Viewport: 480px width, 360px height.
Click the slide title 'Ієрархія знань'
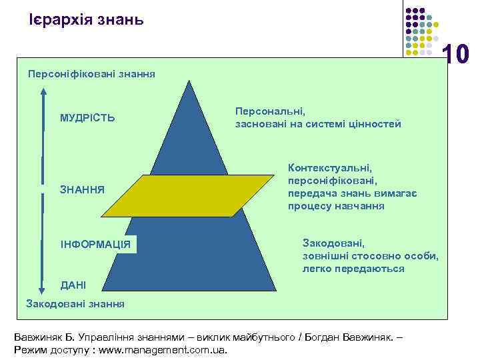(86, 19)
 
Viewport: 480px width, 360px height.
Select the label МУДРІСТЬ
(87, 118)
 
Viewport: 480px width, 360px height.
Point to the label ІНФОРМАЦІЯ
(95, 244)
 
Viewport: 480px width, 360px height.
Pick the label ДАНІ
(73, 285)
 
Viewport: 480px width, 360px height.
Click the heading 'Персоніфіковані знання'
(91, 74)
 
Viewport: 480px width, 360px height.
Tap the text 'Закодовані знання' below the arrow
(75, 304)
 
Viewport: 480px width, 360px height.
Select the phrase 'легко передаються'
(353, 269)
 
